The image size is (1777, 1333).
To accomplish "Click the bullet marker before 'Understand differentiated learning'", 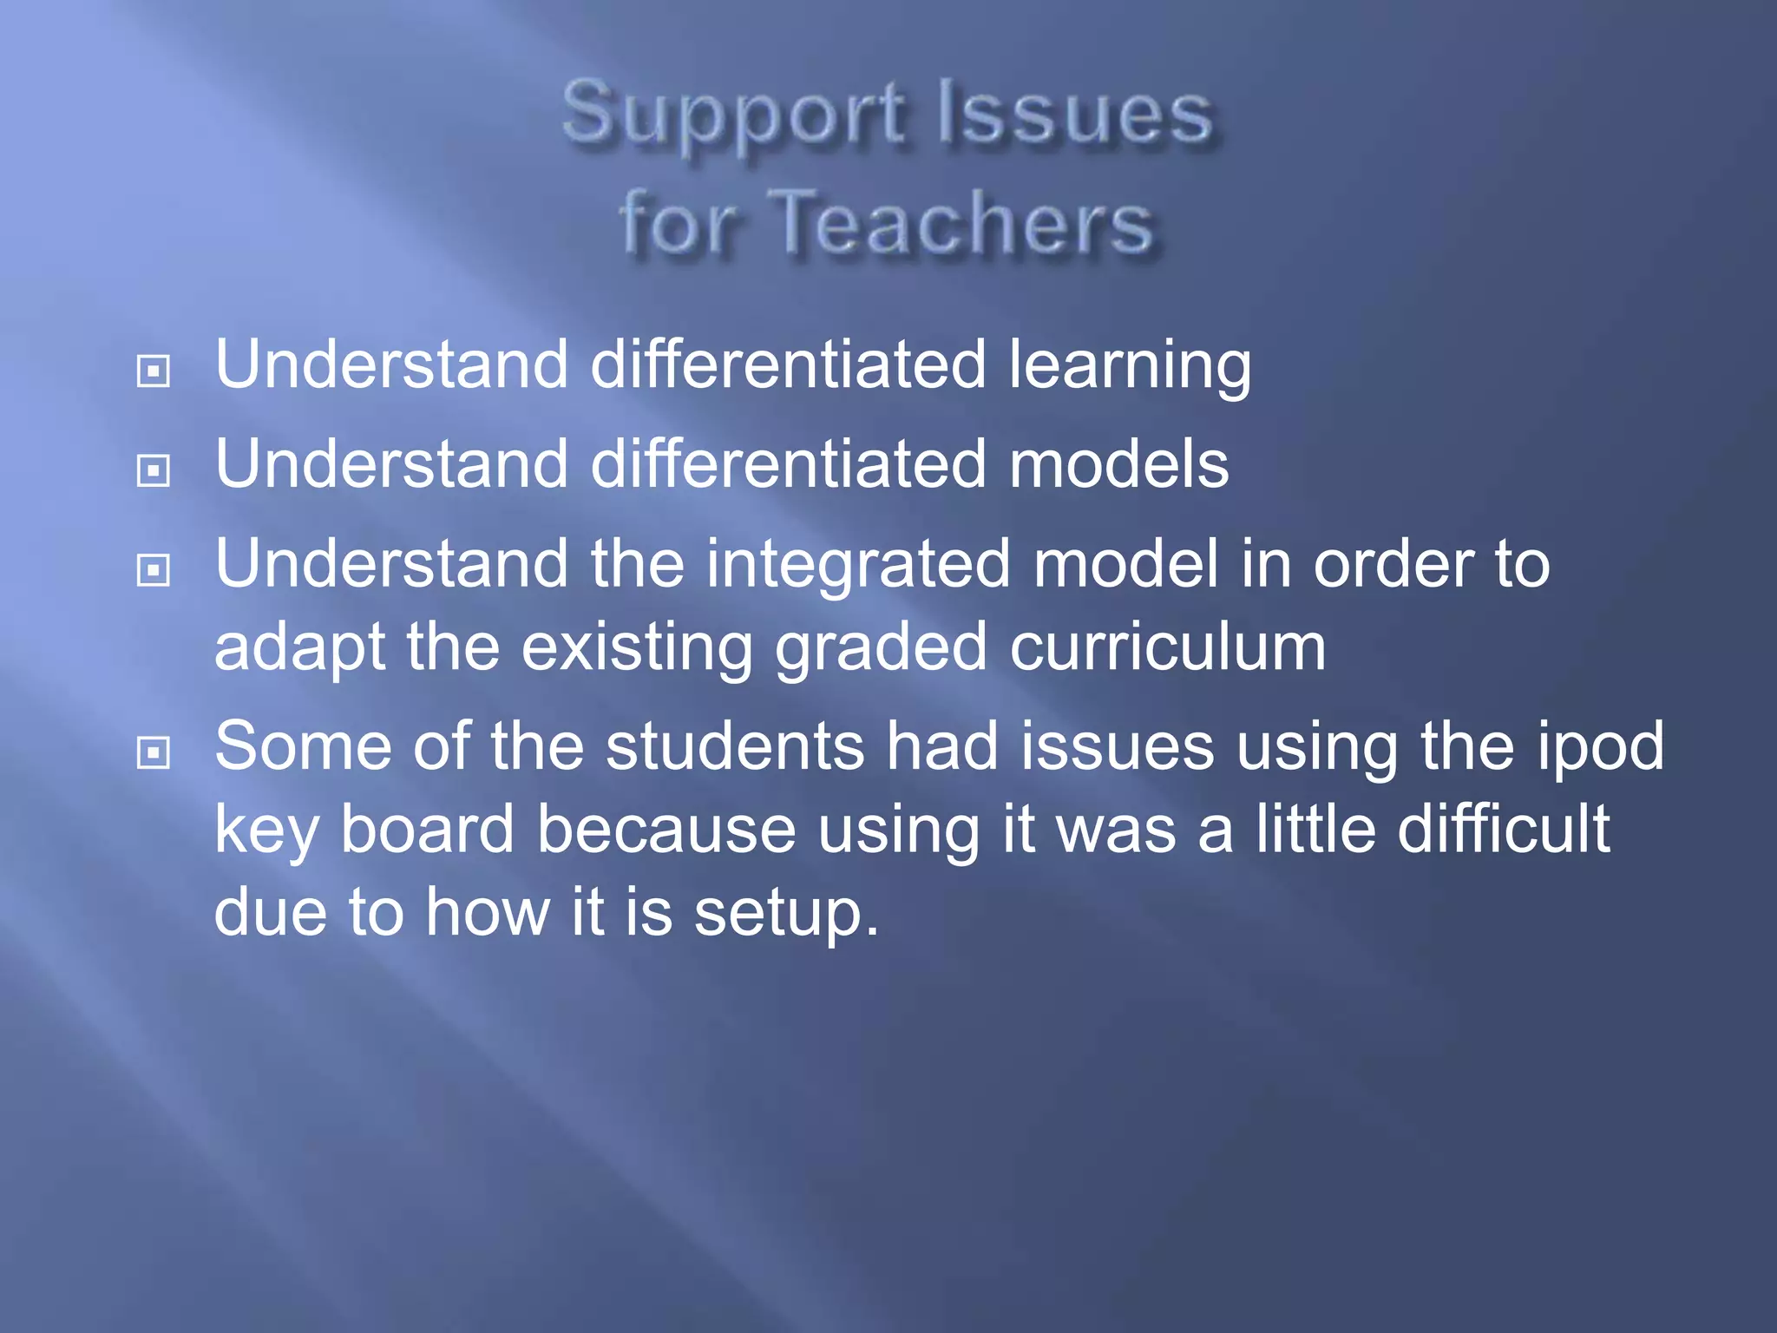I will (154, 371).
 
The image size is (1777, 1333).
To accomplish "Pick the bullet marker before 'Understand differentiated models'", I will (154, 471).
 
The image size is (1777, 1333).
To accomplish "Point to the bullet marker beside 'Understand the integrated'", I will (154, 570).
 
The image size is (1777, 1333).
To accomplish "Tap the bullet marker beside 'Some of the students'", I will (154, 752).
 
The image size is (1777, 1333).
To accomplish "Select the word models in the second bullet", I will (1118, 464).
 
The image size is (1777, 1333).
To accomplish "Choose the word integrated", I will (858, 565).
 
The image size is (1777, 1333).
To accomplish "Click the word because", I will (666, 829).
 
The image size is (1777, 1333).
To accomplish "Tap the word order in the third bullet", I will (1393, 565).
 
